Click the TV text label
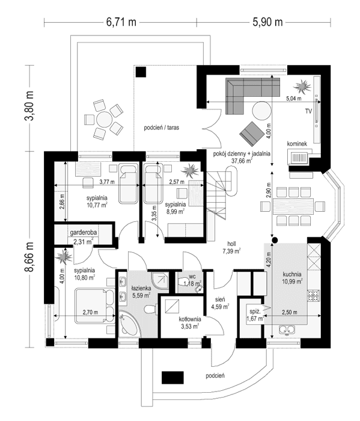(308, 112)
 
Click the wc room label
(192, 277)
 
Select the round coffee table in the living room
(261, 111)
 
